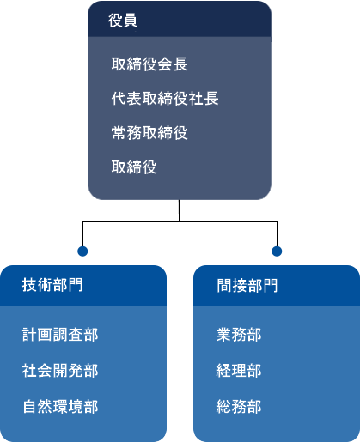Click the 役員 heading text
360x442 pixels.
point(122,21)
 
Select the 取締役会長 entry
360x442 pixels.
point(149,64)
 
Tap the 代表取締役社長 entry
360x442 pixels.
point(165,99)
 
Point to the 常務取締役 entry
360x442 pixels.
point(149,133)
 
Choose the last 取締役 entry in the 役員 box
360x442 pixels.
point(134,167)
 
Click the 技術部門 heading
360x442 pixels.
point(52,285)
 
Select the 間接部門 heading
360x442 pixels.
point(247,286)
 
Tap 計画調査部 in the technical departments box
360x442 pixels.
point(60,335)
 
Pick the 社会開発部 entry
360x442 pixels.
point(60,371)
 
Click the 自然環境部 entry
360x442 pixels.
point(60,407)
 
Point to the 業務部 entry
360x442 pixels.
point(239,335)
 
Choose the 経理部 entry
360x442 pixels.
point(239,371)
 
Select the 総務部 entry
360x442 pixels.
point(239,407)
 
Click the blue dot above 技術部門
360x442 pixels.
point(82,251)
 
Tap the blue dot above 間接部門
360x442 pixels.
point(277,251)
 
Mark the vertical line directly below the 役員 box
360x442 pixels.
point(180,210)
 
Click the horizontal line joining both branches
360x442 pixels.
point(180,221)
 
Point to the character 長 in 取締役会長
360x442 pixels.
point(180,64)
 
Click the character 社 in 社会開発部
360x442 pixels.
point(29,371)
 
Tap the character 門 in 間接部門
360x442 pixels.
point(271,286)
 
